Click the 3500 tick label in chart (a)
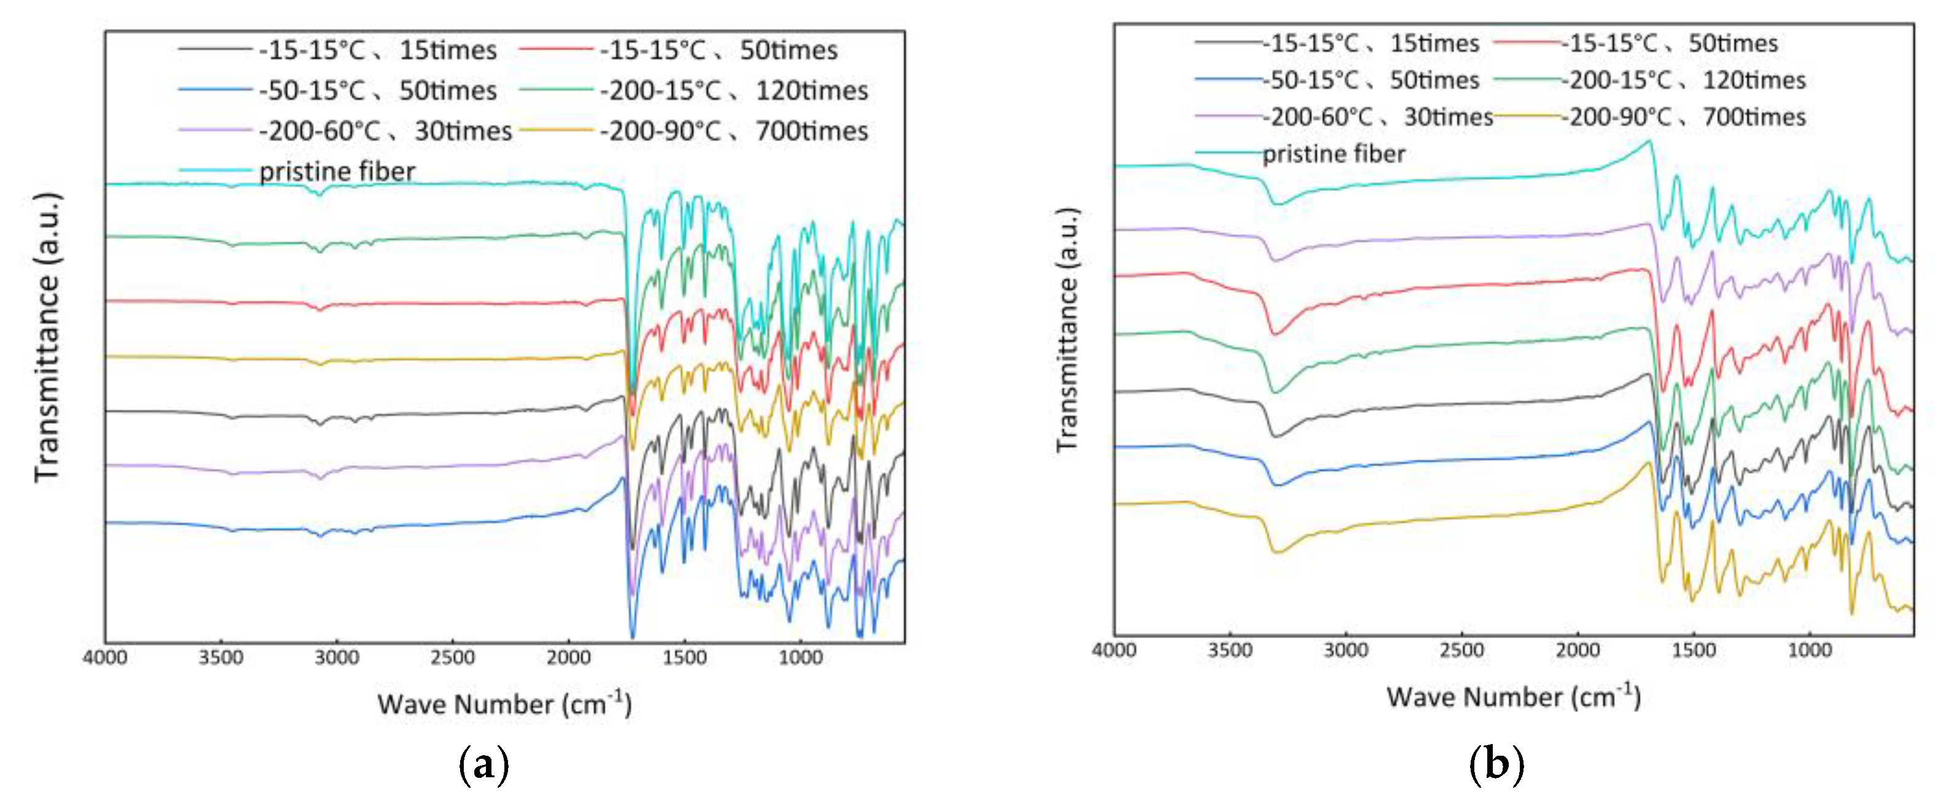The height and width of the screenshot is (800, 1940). point(221,657)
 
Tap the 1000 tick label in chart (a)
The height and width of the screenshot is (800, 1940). point(800,657)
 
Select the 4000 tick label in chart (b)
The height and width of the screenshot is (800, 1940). point(1114,650)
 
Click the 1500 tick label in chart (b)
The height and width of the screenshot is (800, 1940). point(1693,650)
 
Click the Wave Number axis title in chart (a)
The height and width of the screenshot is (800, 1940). point(504,704)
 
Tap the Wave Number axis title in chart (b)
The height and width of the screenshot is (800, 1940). point(1513,696)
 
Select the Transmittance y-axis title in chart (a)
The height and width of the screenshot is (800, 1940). point(47,337)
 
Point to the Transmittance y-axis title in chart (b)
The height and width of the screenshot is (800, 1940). point(1068,329)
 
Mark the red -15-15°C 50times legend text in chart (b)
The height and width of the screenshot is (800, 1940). point(1670,43)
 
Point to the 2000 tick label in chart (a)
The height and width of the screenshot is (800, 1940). point(569,657)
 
